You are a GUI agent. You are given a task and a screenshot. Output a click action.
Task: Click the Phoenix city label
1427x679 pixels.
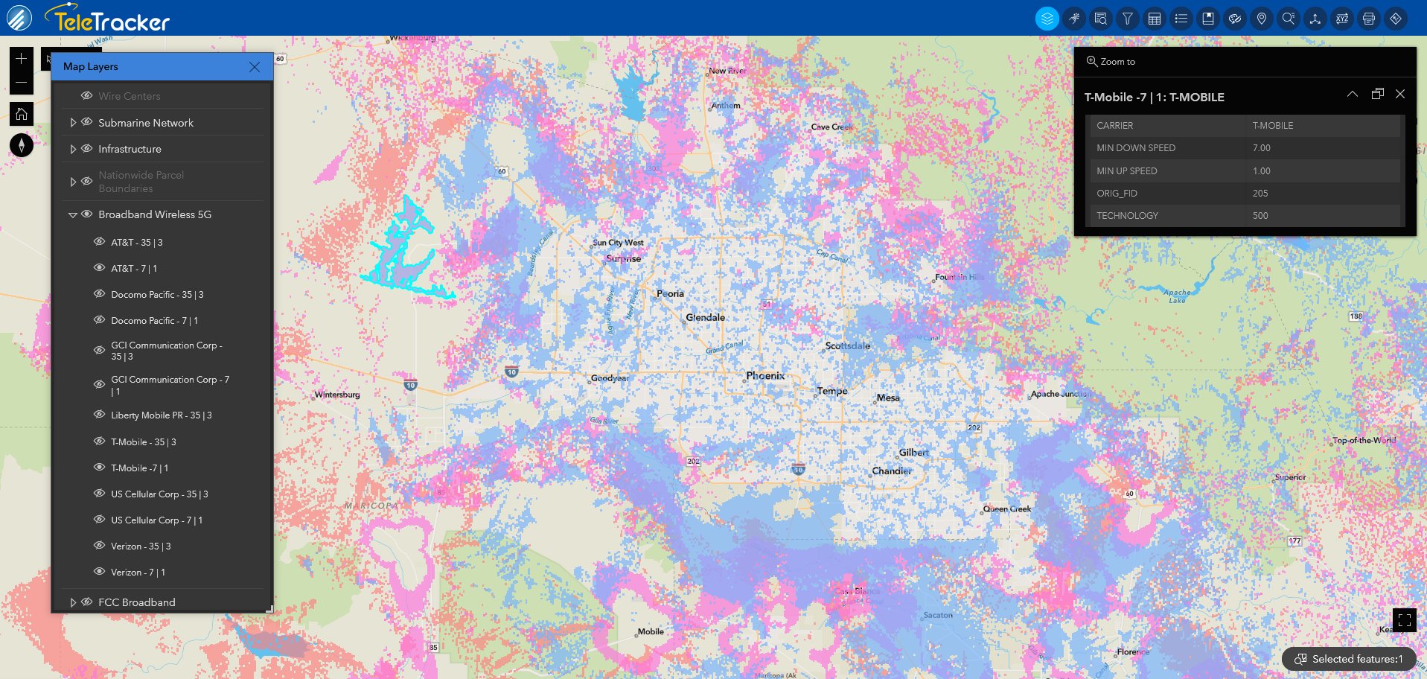765,376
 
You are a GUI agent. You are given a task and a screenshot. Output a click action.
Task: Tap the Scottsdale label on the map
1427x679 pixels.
847,345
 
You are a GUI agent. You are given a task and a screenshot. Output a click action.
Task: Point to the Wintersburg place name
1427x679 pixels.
337,395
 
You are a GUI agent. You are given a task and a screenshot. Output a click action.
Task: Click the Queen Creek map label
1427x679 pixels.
1007,509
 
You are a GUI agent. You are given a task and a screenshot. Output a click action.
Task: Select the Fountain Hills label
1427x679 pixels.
960,277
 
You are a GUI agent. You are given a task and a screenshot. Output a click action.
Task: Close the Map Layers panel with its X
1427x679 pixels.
255,67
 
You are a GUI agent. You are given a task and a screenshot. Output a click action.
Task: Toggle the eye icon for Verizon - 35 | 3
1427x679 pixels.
99,546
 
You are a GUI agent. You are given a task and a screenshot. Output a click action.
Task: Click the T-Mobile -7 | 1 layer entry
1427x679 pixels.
140,468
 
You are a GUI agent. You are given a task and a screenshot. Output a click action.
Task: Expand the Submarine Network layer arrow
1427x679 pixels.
73,123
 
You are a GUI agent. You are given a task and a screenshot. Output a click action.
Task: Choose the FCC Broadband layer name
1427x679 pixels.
137,602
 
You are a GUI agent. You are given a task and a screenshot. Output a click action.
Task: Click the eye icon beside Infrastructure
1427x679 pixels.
87,149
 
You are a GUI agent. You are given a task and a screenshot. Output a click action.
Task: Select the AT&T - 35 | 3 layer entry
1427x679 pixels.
137,243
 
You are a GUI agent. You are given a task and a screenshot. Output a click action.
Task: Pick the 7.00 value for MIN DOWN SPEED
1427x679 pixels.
1261,148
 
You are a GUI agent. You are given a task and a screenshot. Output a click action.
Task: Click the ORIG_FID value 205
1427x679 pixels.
1260,194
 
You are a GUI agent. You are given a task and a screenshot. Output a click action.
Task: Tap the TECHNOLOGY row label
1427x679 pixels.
1127,216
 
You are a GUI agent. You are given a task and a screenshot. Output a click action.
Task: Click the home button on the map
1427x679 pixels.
22,114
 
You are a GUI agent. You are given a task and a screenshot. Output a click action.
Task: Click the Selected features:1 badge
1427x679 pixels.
1349,659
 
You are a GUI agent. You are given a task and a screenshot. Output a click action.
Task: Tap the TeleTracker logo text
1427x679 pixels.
112,22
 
